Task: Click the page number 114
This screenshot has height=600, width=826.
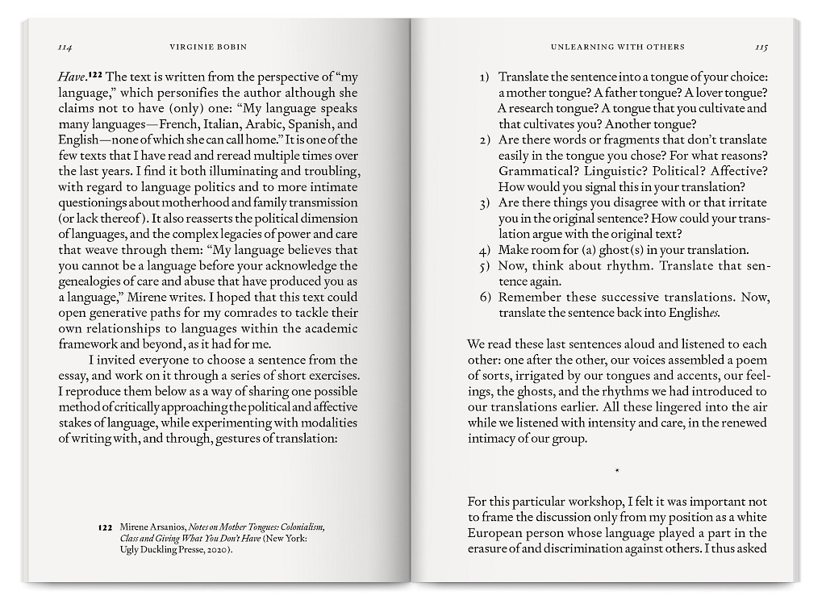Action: pos(65,48)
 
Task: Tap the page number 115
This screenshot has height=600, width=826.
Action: pos(761,48)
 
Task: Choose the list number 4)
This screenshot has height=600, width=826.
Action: pos(484,250)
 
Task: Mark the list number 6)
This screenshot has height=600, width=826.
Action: pos(484,297)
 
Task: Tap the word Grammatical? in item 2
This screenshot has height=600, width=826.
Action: pos(532,171)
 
